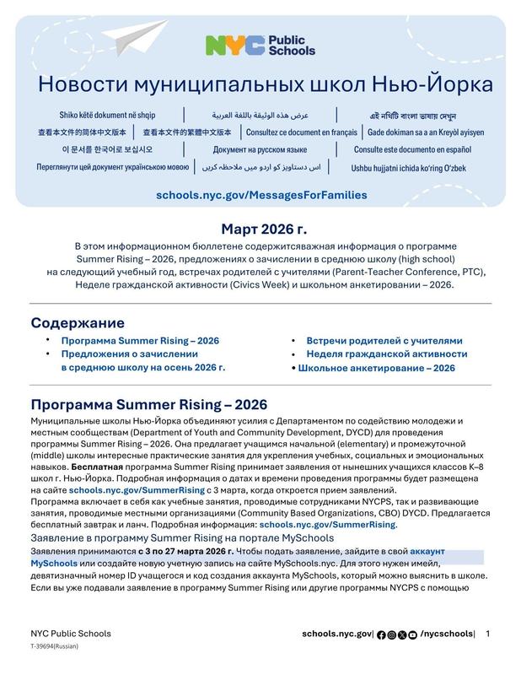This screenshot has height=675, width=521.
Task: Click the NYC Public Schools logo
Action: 260,46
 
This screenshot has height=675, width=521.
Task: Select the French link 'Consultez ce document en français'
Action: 302,132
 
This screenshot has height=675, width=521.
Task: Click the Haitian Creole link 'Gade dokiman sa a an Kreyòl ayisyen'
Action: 426,132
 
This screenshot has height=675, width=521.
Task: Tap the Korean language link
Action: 94,149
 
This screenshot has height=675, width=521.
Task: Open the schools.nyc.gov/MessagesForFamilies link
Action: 261,195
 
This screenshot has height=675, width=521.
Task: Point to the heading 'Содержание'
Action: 78,323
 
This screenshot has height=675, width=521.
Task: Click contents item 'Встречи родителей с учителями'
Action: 384,341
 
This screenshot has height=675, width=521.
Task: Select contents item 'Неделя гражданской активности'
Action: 386,354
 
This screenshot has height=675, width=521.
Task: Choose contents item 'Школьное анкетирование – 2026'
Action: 376,368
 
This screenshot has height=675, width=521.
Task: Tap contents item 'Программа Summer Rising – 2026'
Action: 140,341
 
